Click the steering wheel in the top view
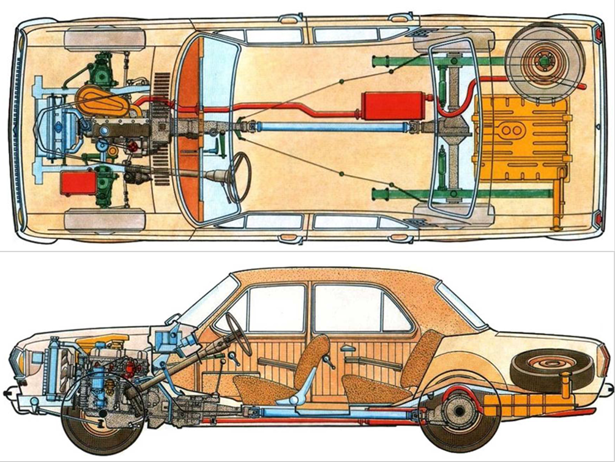[239, 177]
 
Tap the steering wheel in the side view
[239, 333]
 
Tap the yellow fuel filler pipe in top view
[556, 208]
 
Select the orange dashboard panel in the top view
[192, 129]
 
